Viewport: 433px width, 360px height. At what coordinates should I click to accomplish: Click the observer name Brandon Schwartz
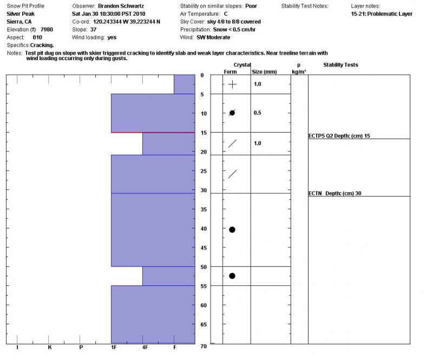[121, 6]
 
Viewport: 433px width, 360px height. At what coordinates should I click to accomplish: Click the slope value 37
[94, 29]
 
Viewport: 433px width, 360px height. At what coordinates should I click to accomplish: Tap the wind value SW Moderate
[213, 37]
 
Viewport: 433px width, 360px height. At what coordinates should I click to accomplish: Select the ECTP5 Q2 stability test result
[339, 136]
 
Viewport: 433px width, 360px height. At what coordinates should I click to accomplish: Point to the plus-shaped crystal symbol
[232, 84]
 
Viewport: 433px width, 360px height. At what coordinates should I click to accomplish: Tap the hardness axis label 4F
[145, 347]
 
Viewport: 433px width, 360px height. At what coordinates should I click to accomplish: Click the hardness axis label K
[49, 347]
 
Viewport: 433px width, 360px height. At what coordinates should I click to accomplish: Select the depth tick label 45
[204, 248]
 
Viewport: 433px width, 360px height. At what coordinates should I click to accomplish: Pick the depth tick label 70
[204, 346]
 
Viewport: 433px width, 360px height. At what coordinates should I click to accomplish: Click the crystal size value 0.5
[258, 113]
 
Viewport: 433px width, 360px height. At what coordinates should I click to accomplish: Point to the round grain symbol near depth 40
[232, 230]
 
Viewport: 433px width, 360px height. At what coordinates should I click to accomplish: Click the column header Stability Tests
[340, 65]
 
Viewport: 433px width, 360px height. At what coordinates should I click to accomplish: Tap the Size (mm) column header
[264, 71]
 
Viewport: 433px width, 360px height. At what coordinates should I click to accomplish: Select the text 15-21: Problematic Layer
[382, 14]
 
